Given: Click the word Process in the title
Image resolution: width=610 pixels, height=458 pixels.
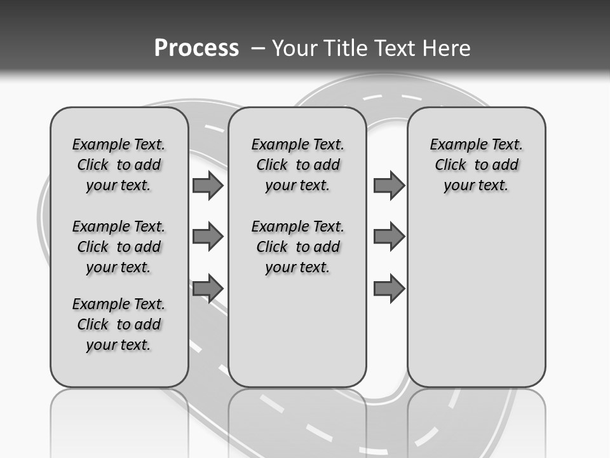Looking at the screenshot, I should click(196, 48).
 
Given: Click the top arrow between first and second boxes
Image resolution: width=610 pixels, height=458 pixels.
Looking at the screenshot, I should click(208, 186).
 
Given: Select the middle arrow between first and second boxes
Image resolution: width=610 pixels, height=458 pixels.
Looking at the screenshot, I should click(208, 237).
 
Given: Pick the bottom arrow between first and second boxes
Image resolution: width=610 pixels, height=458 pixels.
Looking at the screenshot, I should click(208, 288).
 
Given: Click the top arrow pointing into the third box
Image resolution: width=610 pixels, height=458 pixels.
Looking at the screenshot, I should click(389, 186).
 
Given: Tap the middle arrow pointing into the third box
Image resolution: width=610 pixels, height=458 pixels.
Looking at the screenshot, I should click(389, 237).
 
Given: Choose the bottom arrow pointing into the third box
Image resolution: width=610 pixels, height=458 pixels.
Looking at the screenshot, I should click(389, 288).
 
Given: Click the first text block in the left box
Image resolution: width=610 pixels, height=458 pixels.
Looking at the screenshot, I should click(119, 165).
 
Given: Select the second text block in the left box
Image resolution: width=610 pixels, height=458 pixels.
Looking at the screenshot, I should click(119, 247).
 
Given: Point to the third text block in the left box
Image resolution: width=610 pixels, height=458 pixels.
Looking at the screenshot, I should click(119, 324).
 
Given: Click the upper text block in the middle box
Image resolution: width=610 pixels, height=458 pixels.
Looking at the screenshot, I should click(297, 165).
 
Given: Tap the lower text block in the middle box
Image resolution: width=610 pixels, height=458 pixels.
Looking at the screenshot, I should click(297, 247).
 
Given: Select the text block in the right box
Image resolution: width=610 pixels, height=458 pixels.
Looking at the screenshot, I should click(476, 165).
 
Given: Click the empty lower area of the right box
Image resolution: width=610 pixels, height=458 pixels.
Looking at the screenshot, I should click(476, 299).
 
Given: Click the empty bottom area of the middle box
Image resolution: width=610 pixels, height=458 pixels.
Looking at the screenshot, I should click(297, 337).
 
